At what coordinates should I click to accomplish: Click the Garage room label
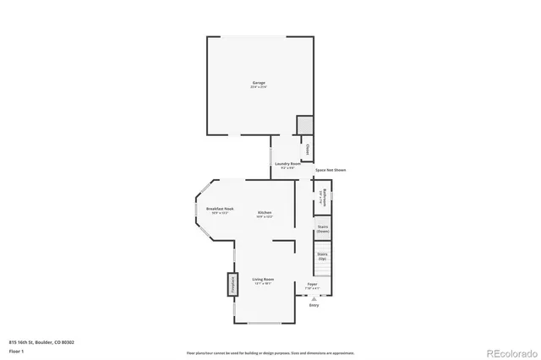(x=258, y=82)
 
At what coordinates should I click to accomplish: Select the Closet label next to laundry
(x=308, y=150)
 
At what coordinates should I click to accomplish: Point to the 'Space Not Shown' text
(x=331, y=171)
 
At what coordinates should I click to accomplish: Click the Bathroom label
(x=324, y=197)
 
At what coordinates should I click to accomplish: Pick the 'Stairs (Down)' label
(x=322, y=229)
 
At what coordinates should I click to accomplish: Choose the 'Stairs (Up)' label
(x=322, y=255)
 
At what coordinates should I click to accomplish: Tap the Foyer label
(x=312, y=284)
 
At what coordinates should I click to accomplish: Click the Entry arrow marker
(x=314, y=298)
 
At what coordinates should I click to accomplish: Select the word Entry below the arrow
(x=314, y=305)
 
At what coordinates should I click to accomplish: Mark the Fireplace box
(x=230, y=285)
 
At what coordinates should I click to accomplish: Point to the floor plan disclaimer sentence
(x=270, y=352)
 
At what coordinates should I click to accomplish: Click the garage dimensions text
(x=258, y=87)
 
